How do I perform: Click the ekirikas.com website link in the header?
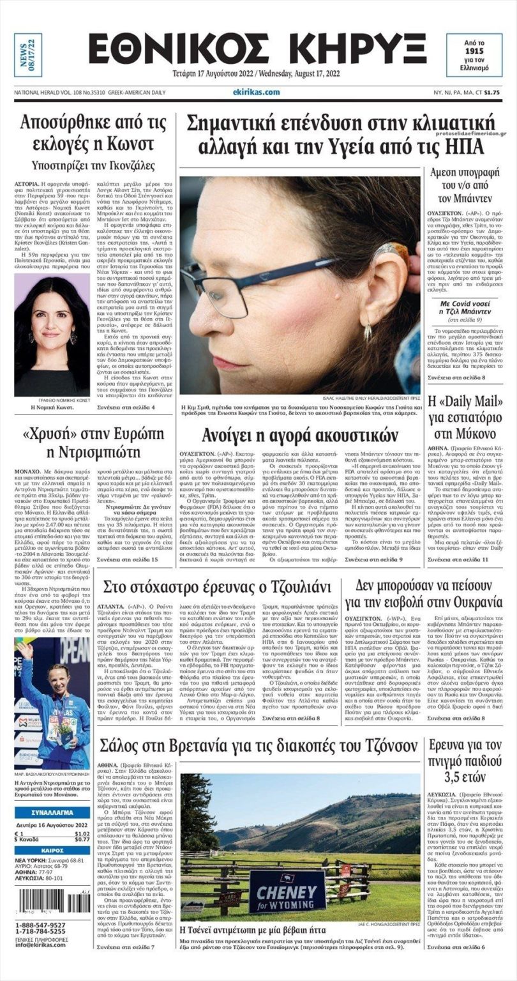pos(257,92)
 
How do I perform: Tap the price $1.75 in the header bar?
pos(491,93)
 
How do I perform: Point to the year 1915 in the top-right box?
pos(474,49)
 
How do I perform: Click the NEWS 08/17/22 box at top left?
pos(27,55)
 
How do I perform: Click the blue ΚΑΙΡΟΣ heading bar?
pos(52,850)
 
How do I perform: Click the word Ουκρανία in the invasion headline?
pos(470,602)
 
